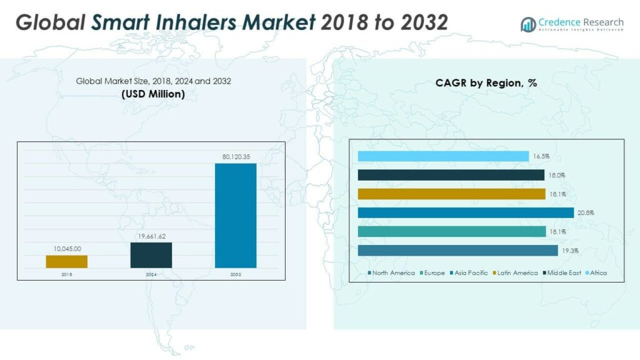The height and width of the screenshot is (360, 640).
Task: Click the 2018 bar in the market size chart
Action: tap(66, 261)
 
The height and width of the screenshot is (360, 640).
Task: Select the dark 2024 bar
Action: tap(151, 255)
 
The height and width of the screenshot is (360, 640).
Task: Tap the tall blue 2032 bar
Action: tap(236, 216)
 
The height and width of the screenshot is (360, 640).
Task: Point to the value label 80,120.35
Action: tap(236, 157)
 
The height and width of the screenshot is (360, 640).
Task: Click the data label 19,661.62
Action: tap(151, 236)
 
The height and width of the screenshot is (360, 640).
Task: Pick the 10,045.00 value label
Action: tap(66, 249)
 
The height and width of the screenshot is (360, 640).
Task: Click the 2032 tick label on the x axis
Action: tap(236, 274)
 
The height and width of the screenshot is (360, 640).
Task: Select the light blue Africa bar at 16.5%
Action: tap(443, 156)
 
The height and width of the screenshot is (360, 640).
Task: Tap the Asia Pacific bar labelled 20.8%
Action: tap(466, 212)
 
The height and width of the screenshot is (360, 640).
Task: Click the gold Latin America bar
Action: tap(451, 194)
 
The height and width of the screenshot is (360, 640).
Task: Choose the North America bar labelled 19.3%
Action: tap(457, 250)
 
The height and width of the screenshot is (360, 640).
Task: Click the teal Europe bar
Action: tap(451, 231)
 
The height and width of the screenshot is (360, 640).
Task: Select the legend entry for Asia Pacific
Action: tap(470, 272)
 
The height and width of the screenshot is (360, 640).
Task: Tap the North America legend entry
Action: tap(393, 272)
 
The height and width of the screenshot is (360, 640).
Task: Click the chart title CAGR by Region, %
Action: tap(486, 82)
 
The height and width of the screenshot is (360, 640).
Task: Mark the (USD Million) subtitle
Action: tap(153, 94)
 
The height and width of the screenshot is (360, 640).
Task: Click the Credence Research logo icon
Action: tap(527, 24)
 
